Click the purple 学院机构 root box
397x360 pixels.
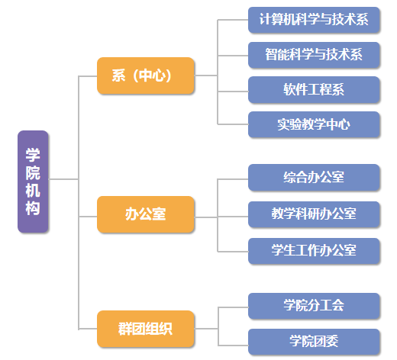(x=33, y=182)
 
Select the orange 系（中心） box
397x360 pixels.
(x=146, y=76)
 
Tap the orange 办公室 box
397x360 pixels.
(x=146, y=214)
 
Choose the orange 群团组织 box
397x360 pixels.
(x=146, y=329)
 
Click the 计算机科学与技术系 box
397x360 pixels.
(x=314, y=20)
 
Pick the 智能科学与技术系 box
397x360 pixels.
(x=314, y=55)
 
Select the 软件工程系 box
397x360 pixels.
(x=314, y=89)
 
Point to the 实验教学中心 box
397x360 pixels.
(x=314, y=124)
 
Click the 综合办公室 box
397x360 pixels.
(x=314, y=177)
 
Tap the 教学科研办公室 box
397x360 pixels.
(x=314, y=214)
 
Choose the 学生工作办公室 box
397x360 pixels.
(x=314, y=251)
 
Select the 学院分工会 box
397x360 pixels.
(x=314, y=306)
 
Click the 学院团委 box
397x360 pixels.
(x=314, y=342)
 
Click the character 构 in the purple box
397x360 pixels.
(x=33, y=208)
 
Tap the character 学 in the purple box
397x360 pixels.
(x=33, y=155)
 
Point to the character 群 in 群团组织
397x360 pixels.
(x=124, y=329)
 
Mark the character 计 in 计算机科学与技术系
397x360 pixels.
(x=265, y=20)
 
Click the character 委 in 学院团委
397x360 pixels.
(x=332, y=342)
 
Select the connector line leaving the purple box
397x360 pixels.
(x=63, y=179)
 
